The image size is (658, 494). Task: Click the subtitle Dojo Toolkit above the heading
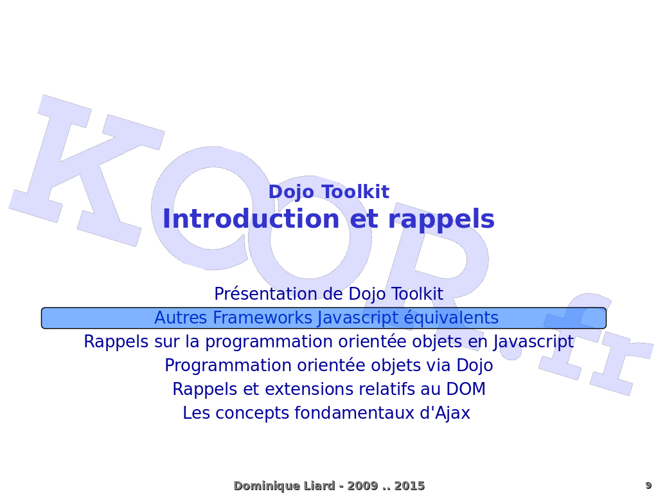coord(328,192)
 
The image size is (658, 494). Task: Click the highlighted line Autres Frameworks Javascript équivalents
coord(326,318)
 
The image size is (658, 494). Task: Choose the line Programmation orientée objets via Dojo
coord(328,366)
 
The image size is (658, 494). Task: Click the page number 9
coord(648,486)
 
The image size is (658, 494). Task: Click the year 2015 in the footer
coord(409,486)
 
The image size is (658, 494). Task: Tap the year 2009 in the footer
coord(362,486)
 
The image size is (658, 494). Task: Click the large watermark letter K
coord(84,170)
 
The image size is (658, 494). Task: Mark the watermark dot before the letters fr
coord(511,350)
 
